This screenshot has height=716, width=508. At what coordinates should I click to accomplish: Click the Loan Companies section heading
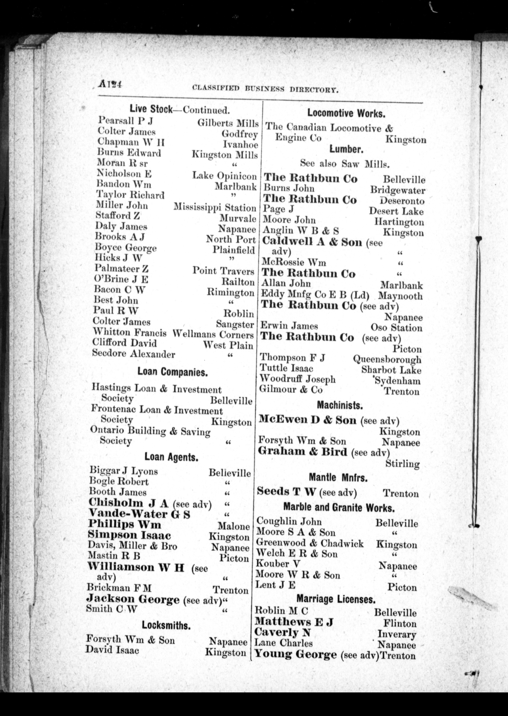coord(172,372)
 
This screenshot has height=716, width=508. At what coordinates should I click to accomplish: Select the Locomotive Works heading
coord(346,113)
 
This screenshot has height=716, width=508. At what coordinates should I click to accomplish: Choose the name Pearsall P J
coord(125,121)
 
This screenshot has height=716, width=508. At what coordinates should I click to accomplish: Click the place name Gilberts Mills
coord(228,123)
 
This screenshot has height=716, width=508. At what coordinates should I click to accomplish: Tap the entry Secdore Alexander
coord(133,354)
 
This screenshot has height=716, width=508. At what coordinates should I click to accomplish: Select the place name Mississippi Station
coord(215,207)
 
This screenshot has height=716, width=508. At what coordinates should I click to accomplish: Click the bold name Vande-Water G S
coord(139,514)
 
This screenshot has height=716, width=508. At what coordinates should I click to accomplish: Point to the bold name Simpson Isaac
coord(129,535)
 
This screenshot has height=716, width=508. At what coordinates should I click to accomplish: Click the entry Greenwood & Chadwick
coord(310,544)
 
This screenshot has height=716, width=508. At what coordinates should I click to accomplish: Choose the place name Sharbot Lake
coord(391,370)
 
